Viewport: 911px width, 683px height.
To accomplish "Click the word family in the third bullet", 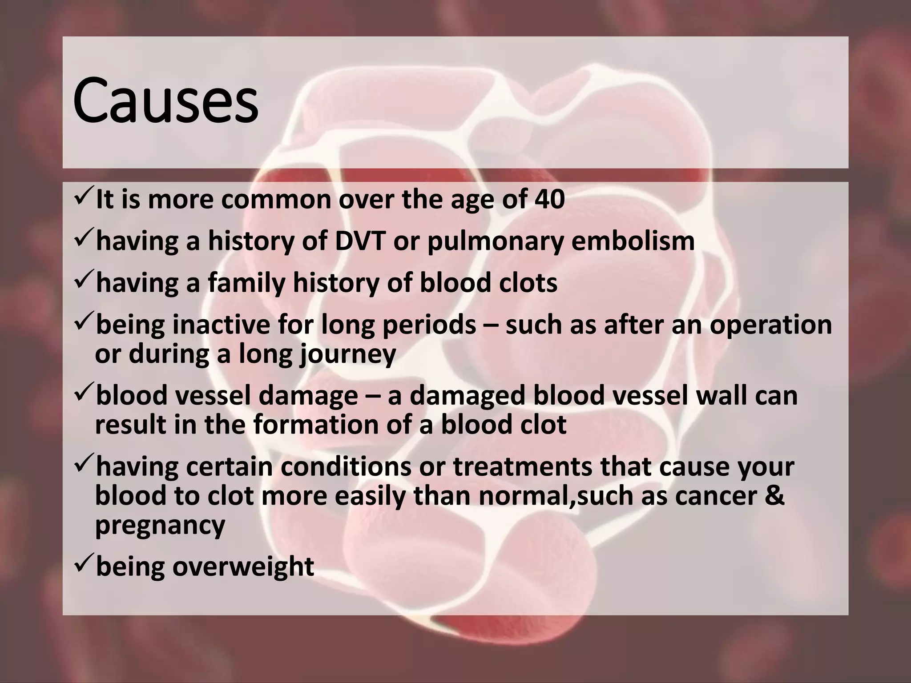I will tap(246, 283).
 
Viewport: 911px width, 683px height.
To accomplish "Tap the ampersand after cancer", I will tap(774, 496).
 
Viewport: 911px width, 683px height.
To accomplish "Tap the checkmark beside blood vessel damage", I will tap(82, 394).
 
